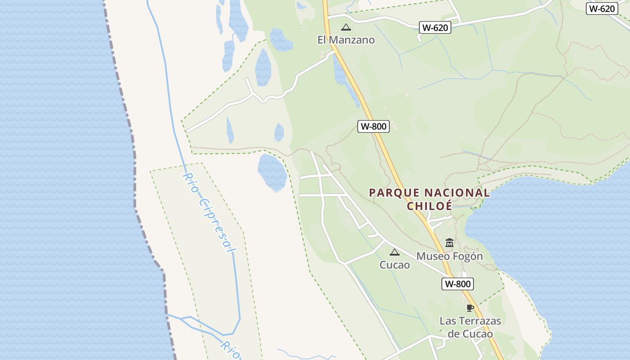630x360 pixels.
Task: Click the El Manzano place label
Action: pos(346,40)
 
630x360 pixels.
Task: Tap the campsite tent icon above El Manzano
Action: pos(346,27)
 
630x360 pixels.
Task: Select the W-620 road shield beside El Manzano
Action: pos(435,27)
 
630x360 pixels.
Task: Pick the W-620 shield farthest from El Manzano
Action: pos(602,9)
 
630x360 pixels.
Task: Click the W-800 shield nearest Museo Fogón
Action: pos(457,284)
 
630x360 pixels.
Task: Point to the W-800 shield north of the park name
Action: pos(373,126)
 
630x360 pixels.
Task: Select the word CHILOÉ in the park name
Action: pos(429,206)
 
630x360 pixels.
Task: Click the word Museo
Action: pos(432,256)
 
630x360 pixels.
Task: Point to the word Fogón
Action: pos(468,256)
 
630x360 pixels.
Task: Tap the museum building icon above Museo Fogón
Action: pos(449,243)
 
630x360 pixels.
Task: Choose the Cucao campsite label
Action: pos(395,265)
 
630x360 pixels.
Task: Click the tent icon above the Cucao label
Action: pos(395,252)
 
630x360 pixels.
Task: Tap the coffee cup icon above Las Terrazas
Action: pos(470,308)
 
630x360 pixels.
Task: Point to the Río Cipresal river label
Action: pos(209,212)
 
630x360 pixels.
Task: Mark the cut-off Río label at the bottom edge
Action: pos(231,350)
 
